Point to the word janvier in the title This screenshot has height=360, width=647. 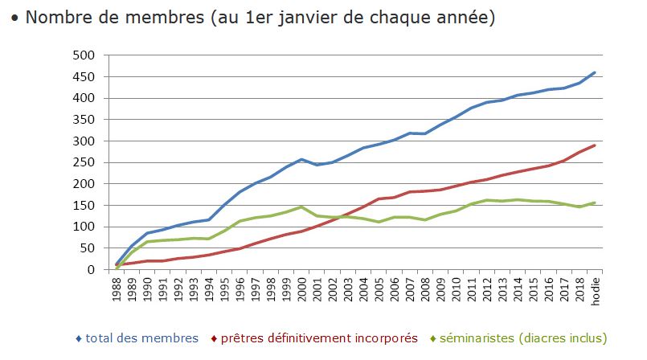[306, 17]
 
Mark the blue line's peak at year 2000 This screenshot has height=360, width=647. [301, 159]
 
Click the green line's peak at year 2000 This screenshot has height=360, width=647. [301, 207]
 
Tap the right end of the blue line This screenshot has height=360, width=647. [595, 72]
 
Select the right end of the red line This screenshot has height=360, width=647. [595, 145]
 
